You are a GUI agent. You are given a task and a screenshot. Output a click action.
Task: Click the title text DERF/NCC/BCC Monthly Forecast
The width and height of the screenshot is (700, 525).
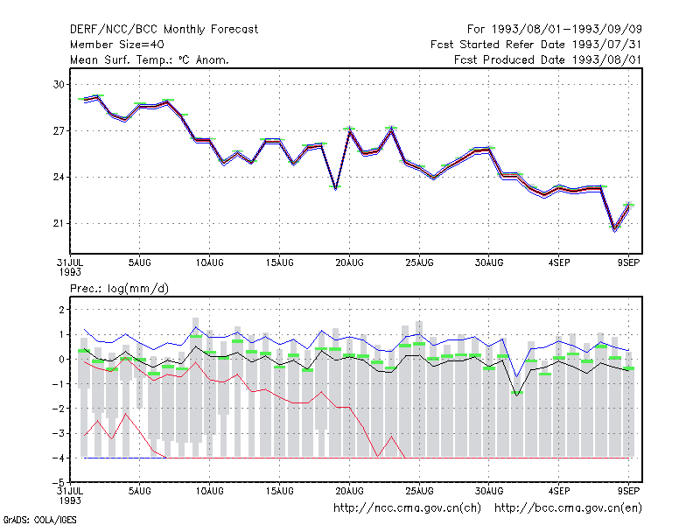164,30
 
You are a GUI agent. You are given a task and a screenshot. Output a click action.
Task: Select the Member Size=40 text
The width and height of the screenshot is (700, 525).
117,45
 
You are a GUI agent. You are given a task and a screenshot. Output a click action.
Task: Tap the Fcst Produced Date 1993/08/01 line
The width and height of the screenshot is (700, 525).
548,59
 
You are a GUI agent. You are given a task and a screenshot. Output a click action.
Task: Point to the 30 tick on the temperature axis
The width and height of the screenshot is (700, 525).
59,84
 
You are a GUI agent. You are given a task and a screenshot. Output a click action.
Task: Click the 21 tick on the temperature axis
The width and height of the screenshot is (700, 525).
59,223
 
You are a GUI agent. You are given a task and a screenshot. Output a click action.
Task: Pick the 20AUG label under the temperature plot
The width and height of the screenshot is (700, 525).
349,263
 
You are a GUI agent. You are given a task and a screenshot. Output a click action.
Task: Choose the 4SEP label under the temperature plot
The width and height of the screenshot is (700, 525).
559,263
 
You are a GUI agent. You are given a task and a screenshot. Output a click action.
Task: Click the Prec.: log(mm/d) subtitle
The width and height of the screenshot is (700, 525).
119,289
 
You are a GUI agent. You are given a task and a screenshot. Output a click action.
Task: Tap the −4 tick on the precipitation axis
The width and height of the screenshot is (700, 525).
58,458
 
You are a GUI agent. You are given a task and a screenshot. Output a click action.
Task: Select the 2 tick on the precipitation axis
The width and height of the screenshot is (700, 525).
61,310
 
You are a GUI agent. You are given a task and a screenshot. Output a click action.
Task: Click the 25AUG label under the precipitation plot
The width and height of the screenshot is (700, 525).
420,491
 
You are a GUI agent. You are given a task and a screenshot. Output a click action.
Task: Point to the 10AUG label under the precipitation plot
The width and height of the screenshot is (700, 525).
210,491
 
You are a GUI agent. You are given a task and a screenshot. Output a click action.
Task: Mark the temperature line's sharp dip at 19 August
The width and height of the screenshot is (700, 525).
336,188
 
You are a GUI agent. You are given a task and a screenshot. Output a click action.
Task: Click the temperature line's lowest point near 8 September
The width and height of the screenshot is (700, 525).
615,229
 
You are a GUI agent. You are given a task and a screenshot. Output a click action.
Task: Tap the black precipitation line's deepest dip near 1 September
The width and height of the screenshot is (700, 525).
517,395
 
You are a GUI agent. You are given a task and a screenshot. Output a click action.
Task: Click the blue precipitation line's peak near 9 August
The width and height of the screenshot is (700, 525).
195,327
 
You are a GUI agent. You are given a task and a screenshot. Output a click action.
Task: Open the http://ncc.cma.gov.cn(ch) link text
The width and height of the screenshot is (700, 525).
407,508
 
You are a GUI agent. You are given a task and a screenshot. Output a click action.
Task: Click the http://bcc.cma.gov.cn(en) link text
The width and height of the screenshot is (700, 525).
568,508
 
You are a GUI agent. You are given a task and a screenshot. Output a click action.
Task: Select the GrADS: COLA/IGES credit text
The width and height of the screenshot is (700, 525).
39,520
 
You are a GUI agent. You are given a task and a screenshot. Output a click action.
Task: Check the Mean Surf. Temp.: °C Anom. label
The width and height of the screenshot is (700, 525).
150,59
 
